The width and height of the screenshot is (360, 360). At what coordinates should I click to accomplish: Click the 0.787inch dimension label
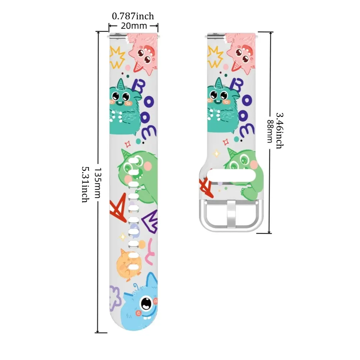point(133,16)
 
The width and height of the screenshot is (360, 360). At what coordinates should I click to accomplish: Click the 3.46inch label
point(279,130)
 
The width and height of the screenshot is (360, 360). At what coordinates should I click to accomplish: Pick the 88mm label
point(269,131)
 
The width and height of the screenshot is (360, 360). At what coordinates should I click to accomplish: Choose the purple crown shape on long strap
point(149,222)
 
